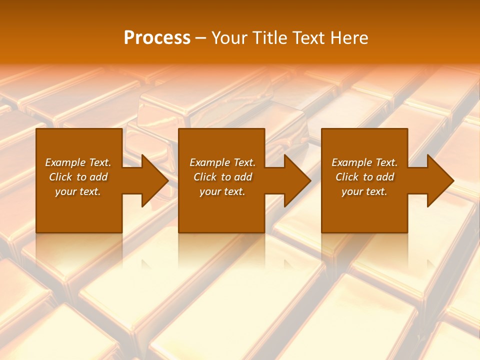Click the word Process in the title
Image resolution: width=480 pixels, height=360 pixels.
(157, 38)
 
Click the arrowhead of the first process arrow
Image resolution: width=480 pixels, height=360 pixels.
(155, 180)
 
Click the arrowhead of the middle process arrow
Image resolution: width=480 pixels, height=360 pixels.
(297, 180)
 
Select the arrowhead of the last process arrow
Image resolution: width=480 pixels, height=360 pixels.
(440, 180)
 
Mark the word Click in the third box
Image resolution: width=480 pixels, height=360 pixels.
(347, 177)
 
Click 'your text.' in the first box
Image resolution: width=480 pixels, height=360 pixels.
(78, 191)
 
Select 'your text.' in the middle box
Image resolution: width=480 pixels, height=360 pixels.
(222, 191)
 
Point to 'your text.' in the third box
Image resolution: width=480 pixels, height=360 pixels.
(364, 191)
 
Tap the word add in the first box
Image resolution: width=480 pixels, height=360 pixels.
(99, 177)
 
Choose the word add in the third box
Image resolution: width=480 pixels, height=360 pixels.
(385, 177)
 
